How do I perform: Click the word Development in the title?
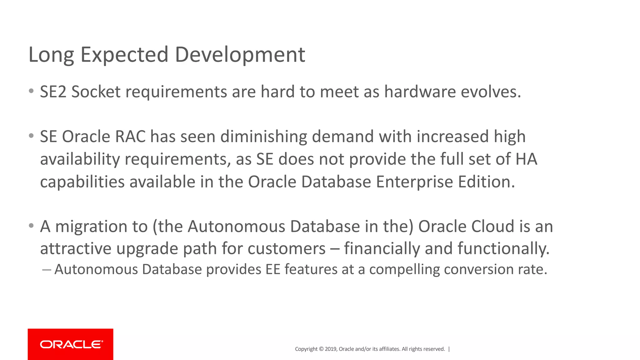240,55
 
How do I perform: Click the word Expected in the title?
124,55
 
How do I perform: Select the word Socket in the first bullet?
96,92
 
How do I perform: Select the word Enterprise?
414,182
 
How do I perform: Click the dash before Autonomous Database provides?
46,269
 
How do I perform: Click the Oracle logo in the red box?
71,344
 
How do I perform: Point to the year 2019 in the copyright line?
331,349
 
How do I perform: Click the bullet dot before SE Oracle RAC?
31,136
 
